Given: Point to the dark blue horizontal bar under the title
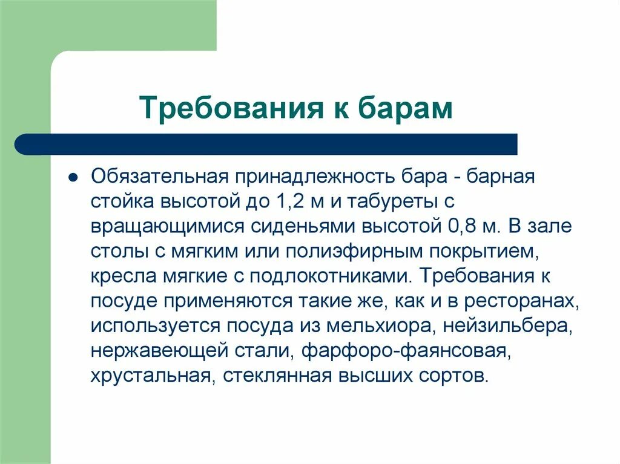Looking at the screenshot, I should coord(266,144).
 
